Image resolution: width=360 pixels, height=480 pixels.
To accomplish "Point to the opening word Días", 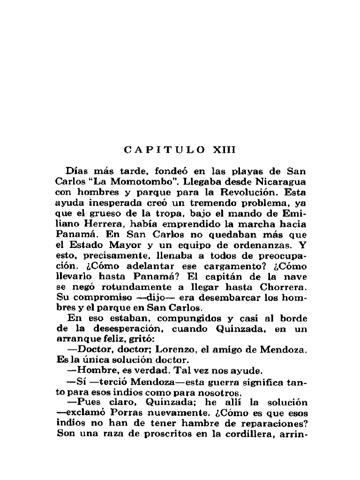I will [77, 171].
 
